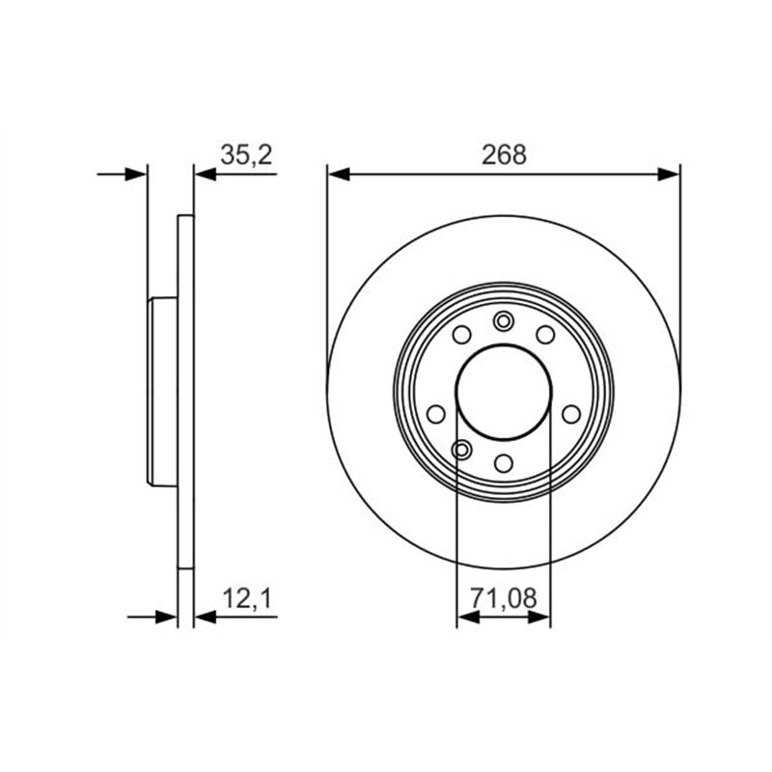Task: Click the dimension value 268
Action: click(x=504, y=154)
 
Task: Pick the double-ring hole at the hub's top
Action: click(x=504, y=321)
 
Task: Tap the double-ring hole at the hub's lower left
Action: click(x=462, y=449)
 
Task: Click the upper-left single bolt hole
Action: click(x=462, y=335)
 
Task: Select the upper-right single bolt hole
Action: click(x=545, y=335)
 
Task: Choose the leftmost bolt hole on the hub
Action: click(x=435, y=414)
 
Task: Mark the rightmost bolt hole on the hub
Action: click(x=571, y=414)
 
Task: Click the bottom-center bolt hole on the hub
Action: click(x=504, y=462)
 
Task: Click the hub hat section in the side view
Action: click(x=163, y=392)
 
